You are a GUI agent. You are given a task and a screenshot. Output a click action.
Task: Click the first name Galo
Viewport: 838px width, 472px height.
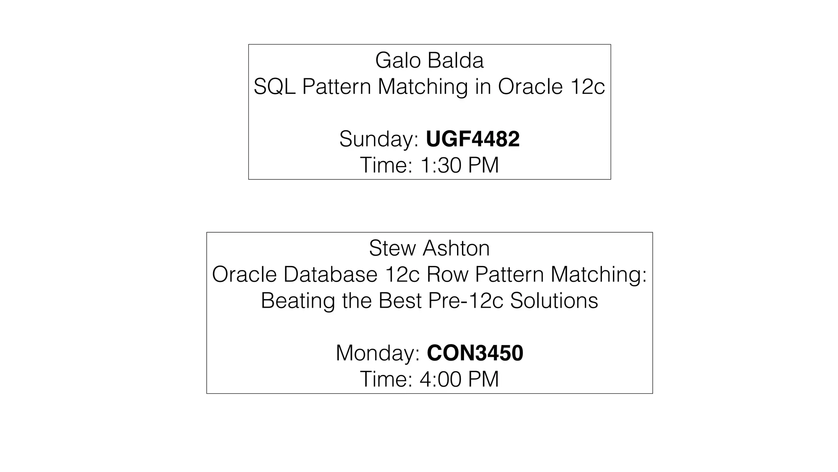coord(398,61)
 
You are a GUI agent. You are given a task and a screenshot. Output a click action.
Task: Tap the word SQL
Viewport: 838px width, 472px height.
coord(274,87)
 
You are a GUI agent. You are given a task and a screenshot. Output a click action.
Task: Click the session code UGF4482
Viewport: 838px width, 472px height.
coord(473,139)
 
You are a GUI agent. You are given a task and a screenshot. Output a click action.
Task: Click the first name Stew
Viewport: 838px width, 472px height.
coord(392,248)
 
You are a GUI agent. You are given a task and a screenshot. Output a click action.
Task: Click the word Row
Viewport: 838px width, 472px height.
coord(447,275)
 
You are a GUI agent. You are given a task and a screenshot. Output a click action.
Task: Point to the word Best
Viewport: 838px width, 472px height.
coord(400,301)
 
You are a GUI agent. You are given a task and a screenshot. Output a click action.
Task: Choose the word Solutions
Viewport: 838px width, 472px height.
coord(554,301)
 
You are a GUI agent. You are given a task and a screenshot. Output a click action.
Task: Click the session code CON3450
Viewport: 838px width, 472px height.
coord(475,353)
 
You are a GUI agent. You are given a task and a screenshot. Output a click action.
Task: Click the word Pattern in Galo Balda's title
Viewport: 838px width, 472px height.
coord(336,87)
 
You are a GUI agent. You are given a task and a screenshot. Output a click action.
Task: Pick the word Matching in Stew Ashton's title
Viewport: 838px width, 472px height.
coord(598,275)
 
